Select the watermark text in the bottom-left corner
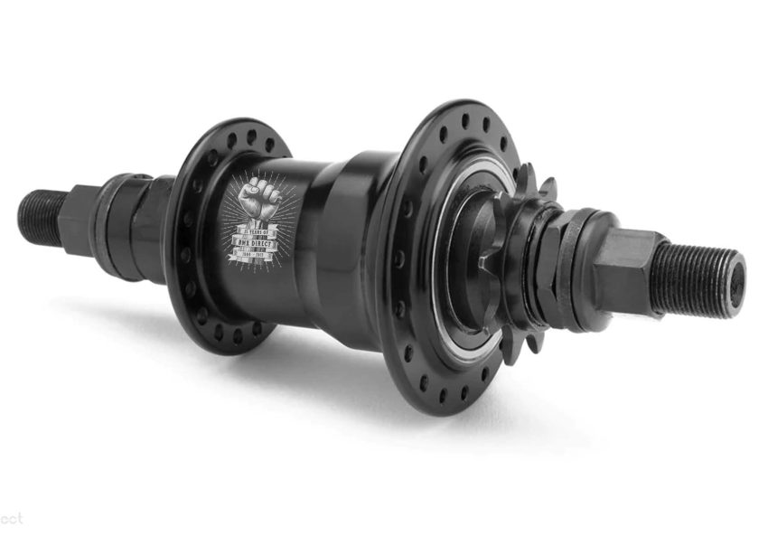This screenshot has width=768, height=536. [12, 520]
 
